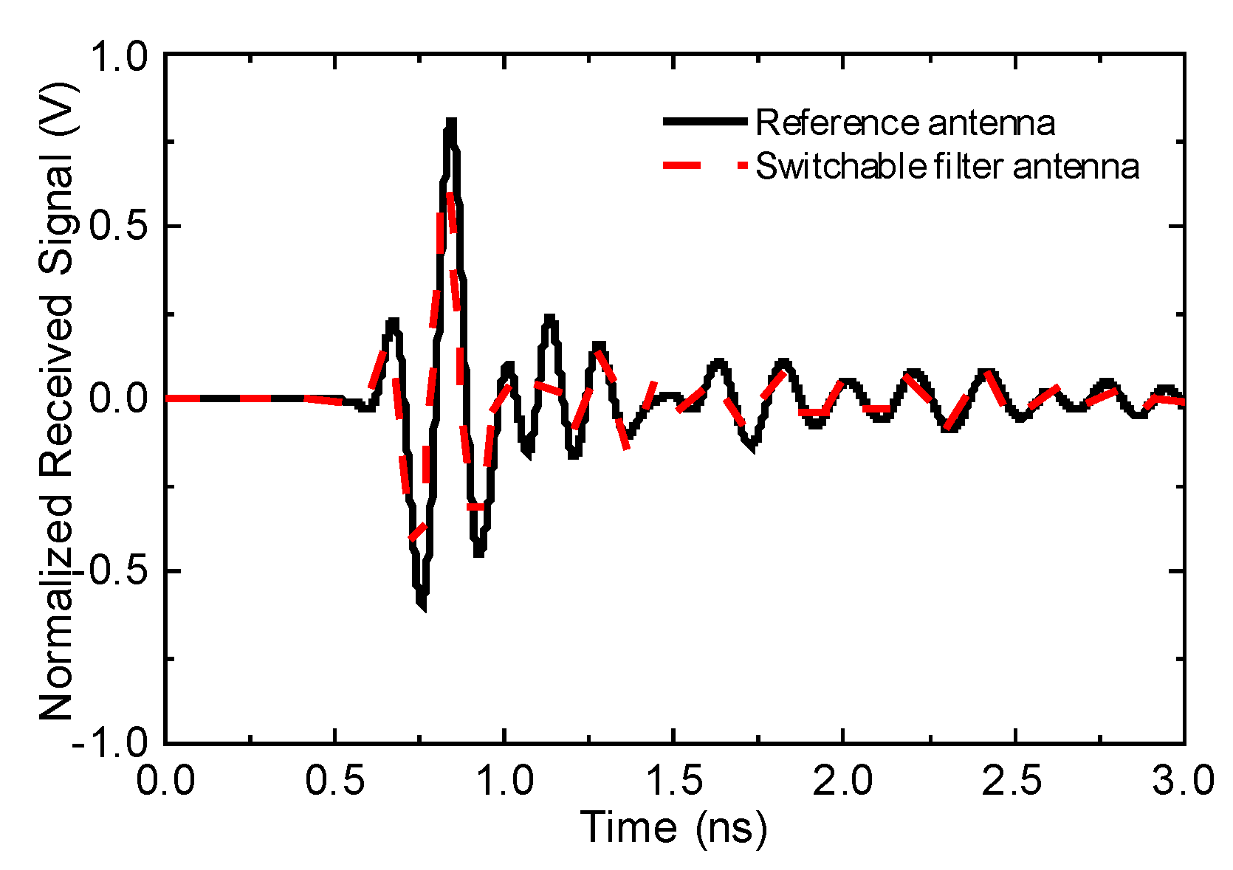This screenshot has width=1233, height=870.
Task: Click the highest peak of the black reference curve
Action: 451,122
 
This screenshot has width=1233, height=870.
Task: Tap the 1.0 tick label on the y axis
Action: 118,57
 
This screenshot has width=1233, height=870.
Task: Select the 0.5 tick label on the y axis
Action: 118,227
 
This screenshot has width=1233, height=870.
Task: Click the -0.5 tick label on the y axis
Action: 111,571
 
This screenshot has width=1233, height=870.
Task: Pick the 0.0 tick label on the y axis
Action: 118,398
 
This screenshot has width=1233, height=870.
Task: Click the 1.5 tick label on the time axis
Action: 673,780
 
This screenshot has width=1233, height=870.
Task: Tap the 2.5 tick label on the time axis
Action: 1012,780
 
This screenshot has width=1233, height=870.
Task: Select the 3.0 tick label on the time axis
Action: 1181,780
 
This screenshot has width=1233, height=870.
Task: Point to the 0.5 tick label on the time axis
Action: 335,780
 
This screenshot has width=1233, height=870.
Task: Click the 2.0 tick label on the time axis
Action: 842,780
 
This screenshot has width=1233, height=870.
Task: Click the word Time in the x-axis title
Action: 628,827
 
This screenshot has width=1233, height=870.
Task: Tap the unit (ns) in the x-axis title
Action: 731,827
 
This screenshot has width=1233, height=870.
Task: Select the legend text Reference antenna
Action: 904,123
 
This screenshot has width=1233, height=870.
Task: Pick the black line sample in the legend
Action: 705,122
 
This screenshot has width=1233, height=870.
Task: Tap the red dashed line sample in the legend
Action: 705,166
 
